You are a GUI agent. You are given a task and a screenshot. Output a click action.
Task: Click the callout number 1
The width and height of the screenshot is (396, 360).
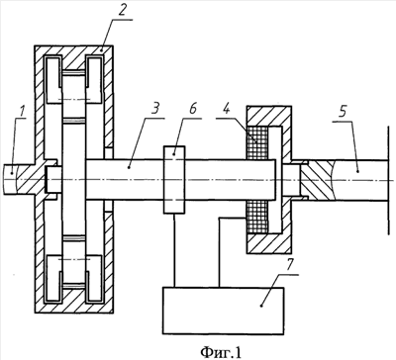point(22,112)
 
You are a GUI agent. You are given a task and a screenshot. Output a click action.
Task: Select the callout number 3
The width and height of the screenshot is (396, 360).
point(155,108)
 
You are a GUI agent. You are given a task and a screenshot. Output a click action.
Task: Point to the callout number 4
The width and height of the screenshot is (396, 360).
point(226,109)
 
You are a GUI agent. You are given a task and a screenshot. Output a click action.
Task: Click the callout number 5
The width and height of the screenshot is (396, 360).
point(343,112)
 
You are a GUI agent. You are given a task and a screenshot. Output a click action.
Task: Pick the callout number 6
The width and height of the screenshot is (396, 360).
point(193,108)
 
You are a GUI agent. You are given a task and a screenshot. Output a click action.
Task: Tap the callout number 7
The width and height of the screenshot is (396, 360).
point(289,264)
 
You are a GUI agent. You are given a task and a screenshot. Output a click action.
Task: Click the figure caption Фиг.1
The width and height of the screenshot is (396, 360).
point(221,352)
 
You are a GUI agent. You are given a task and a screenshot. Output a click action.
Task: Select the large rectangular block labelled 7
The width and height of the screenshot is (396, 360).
point(223,311)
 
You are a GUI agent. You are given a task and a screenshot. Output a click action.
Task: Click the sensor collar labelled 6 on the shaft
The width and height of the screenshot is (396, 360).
point(174,179)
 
